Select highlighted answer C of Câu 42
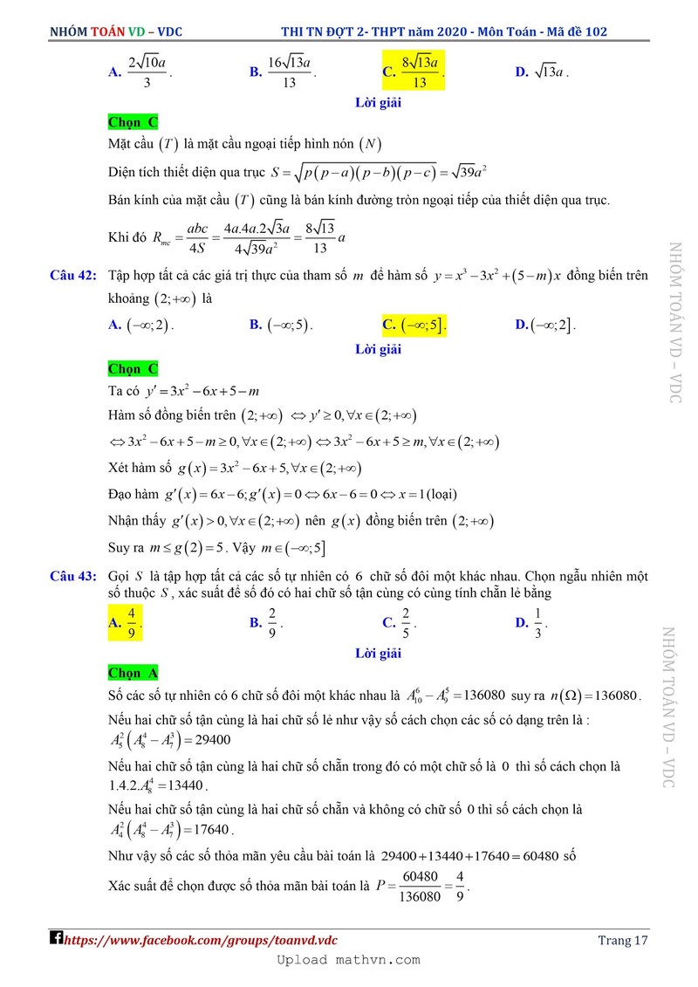415,326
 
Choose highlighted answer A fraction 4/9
126,623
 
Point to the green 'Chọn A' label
133,673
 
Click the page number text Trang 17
624,940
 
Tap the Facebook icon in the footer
57,939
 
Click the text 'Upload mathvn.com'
348,960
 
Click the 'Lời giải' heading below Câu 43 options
378,652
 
